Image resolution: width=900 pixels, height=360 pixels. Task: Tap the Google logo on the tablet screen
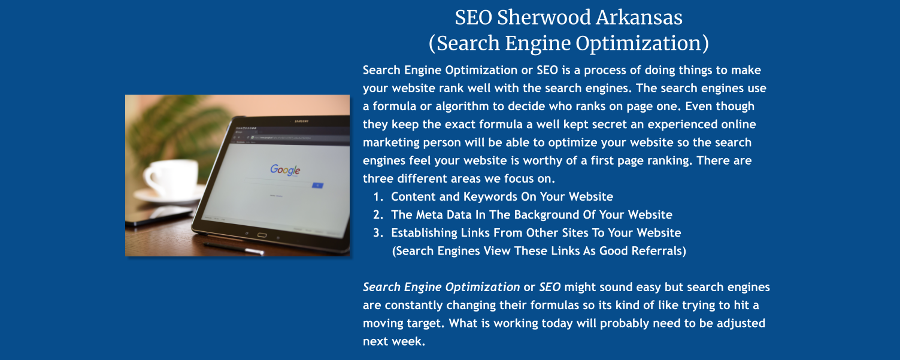tap(284, 170)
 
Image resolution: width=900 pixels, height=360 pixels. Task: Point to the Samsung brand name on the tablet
tap(301, 122)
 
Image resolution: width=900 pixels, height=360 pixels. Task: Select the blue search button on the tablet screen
tap(317, 186)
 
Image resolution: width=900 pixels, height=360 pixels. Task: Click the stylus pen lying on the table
tap(234, 247)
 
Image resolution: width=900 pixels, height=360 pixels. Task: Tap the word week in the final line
tap(409, 342)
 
